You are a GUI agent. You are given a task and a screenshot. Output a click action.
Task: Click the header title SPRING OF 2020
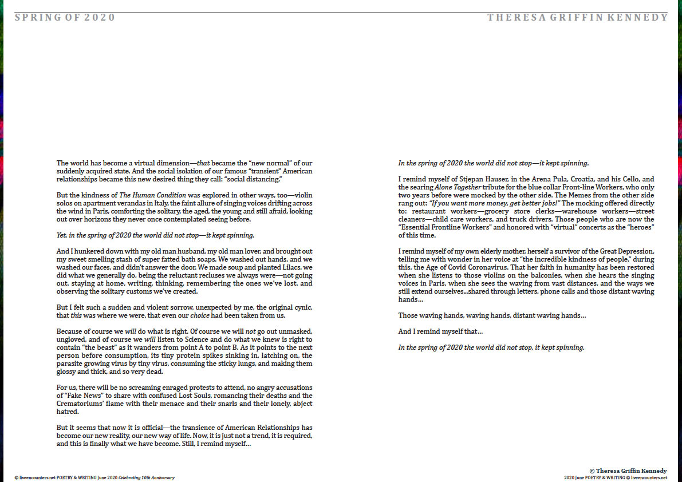[65, 18]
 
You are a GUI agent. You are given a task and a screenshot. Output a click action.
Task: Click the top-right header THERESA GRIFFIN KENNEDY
[577, 18]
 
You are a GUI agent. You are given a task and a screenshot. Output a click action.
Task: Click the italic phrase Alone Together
[457, 187]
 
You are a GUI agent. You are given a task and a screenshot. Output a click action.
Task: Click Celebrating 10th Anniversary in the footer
[146, 477]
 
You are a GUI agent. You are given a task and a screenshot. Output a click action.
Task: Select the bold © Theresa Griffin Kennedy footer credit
[628, 471]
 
